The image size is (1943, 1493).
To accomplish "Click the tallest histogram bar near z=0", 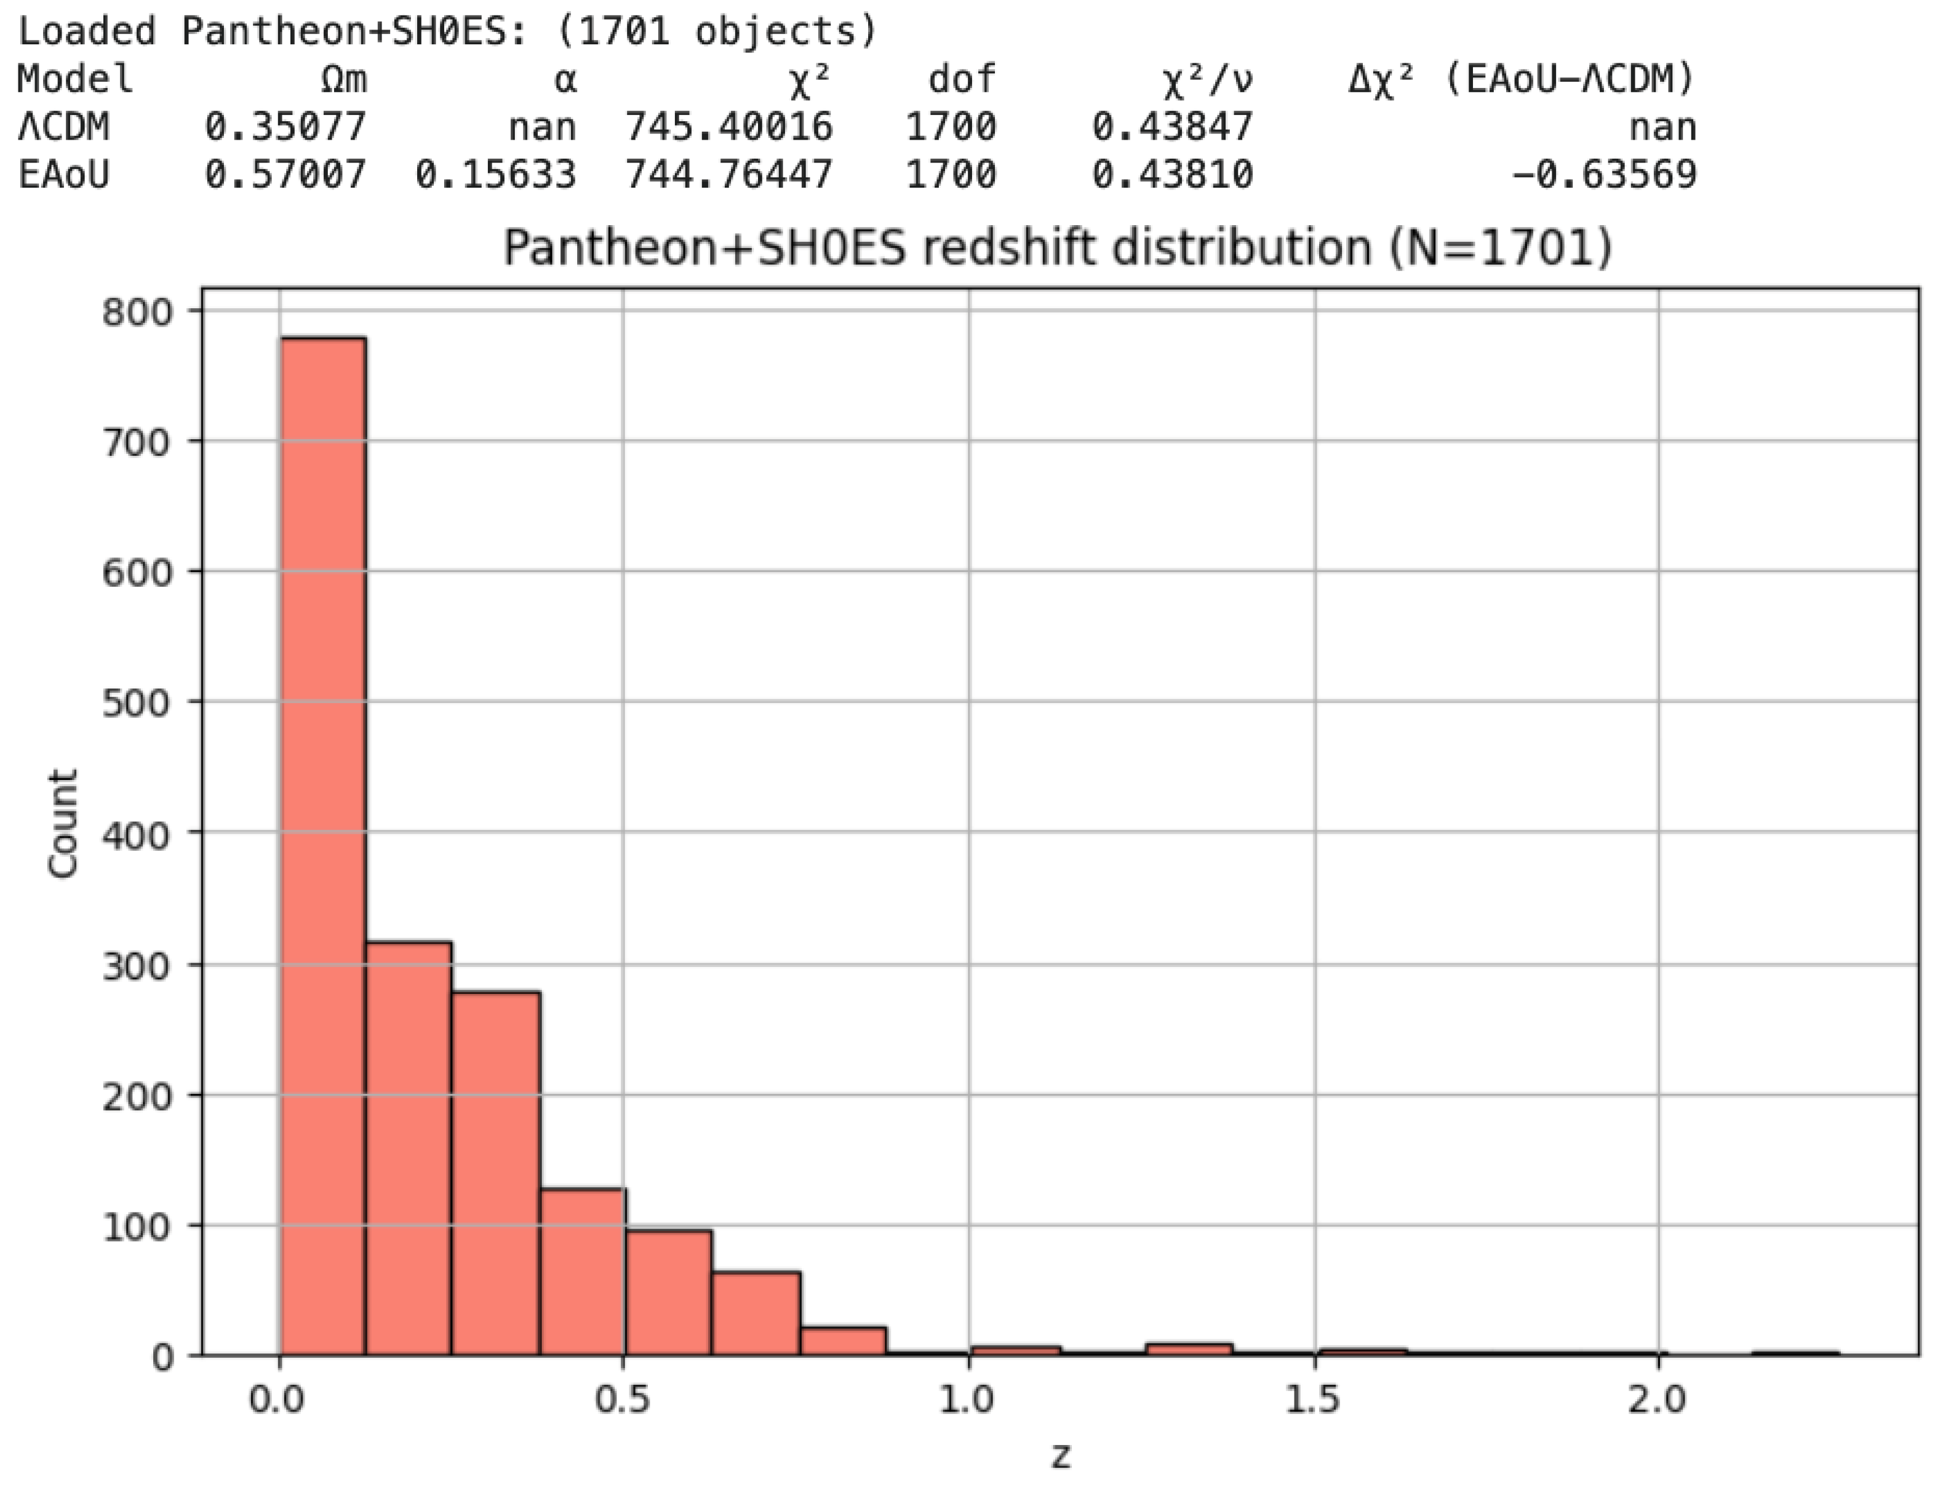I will pyautogui.click(x=322, y=844).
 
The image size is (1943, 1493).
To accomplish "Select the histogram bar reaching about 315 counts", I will pyautogui.click(x=408, y=1147).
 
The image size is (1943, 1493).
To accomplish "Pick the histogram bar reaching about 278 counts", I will pyautogui.click(x=495, y=1173).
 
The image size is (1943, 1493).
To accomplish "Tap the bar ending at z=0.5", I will pyautogui.click(x=582, y=1271).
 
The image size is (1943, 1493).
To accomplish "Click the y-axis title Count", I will pyautogui.click(x=62, y=824).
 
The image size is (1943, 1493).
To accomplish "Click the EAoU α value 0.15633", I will pyautogui.click(x=496, y=174).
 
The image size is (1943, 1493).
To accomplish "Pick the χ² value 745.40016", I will pyautogui.click(x=729, y=127).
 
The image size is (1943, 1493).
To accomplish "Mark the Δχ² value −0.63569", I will pyautogui.click(x=1605, y=174).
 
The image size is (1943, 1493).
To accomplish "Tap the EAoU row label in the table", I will pyautogui.click(x=63, y=174).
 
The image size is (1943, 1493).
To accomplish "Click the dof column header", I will pyautogui.click(x=961, y=80).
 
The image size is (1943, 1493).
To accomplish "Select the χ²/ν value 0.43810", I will pyautogui.click(x=1172, y=174).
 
